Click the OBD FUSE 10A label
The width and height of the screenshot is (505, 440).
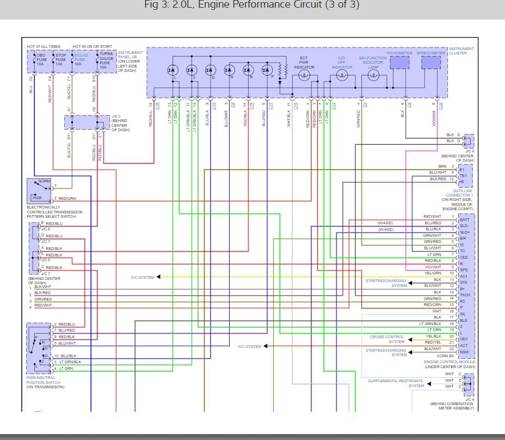[41, 59]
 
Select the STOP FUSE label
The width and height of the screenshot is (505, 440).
[60, 59]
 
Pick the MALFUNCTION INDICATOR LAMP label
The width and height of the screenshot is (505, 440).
[373, 62]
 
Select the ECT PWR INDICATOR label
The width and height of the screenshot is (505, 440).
[304, 62]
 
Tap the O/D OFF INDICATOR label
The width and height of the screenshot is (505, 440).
[342, 62]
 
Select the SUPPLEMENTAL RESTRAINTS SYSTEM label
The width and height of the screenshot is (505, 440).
[396, 383]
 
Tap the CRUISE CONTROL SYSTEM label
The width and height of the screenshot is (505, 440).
[387, 339]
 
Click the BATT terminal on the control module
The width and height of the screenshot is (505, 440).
[464, 219]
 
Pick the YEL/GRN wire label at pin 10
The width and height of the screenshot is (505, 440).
[433, 273]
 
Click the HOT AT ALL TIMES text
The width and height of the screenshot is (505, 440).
[44, 47]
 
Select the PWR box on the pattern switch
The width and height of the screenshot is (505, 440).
[37, 198]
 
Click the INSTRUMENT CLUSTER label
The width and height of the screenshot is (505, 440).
[461, 51]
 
